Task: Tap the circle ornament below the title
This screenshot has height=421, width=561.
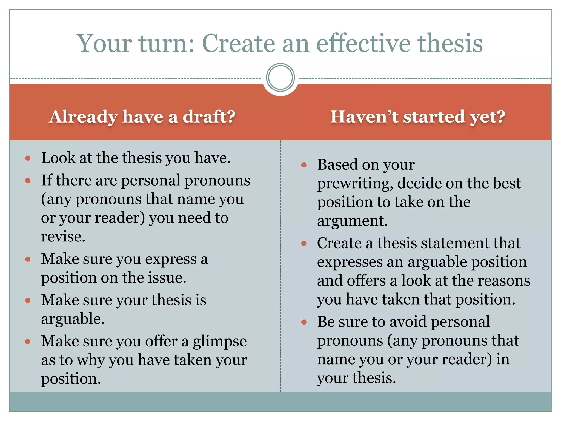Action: point(280,77)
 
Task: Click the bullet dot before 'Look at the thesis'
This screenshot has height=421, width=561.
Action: point(28,158)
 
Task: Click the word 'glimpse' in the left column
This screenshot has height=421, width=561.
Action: point(220,342)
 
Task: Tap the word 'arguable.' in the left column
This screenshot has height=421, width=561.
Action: point(73,319)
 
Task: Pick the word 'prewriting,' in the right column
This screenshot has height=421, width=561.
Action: point(355,183)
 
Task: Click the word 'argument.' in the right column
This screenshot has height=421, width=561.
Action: point(352,221)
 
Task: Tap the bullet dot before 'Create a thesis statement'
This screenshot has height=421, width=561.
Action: point(304,243)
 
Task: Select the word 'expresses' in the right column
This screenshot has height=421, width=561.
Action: point(350,262)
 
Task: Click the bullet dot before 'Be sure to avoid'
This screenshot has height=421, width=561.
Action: point(304,322)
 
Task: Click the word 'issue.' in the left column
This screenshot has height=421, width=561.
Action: point(167,278)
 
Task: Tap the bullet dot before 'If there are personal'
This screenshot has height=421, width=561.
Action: point(28,181)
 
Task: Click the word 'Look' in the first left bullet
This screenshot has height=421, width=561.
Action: point(58,158)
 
